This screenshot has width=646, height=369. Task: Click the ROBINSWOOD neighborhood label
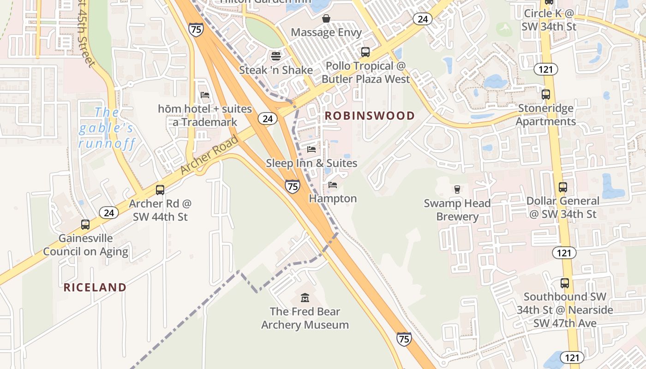point(370,116)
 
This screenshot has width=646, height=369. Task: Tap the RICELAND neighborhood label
point(95,287)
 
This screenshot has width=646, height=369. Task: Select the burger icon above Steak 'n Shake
point(276,57)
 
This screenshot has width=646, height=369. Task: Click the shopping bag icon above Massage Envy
point(326,18)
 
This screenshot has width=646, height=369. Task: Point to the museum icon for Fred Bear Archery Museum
point(305,298)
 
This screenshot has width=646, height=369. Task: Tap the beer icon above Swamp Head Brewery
point(457,189)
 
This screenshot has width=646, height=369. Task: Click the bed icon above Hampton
point(333,185)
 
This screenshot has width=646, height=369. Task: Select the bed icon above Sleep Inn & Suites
point(311,149)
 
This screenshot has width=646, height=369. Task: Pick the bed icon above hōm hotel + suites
point(205,95)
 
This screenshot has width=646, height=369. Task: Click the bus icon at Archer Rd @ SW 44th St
point(160,190)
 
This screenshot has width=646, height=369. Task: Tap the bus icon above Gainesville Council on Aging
point(85,225)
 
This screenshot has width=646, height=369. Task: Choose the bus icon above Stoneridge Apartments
point(546,95)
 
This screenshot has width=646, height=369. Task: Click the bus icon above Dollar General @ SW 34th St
point(563,187)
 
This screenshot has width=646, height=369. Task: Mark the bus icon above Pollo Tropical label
point(365,52)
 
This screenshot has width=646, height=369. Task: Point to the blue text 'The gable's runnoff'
point(107,128)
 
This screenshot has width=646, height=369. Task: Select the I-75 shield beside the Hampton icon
point(292,186)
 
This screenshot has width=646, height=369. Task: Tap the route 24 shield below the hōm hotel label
point(268,119)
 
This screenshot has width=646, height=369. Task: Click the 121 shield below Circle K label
point(546,69)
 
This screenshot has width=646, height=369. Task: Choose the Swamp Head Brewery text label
point(457,210)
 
